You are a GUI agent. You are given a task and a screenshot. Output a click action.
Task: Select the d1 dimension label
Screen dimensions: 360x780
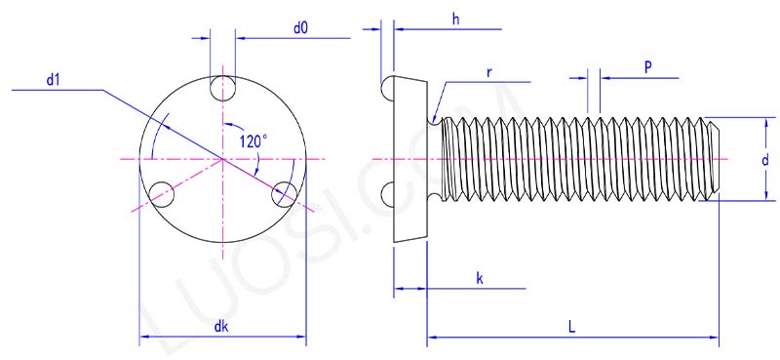(53, 80)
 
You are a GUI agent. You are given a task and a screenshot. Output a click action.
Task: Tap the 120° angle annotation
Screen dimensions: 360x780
(252, 141)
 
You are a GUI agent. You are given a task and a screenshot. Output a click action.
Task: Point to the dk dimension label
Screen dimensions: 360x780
(222, 327)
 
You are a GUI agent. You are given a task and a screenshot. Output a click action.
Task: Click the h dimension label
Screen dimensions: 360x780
(455, 19)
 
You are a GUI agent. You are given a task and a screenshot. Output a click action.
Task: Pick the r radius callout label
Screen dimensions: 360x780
(488, 73)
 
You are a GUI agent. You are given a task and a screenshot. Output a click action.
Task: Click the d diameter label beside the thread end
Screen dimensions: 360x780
(765, 159)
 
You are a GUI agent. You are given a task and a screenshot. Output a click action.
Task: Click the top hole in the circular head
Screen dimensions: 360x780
(223, 89)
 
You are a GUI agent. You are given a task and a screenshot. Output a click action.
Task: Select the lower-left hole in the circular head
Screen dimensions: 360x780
(163, 193)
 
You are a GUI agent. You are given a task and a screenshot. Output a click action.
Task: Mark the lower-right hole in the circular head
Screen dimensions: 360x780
(284, 193)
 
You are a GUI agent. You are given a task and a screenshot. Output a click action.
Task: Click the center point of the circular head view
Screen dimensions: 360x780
(223, 159)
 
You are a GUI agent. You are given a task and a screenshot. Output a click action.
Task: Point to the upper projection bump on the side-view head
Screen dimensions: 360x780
(386, 89)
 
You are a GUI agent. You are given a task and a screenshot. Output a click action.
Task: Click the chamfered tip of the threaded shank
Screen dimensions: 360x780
(712, 159)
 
